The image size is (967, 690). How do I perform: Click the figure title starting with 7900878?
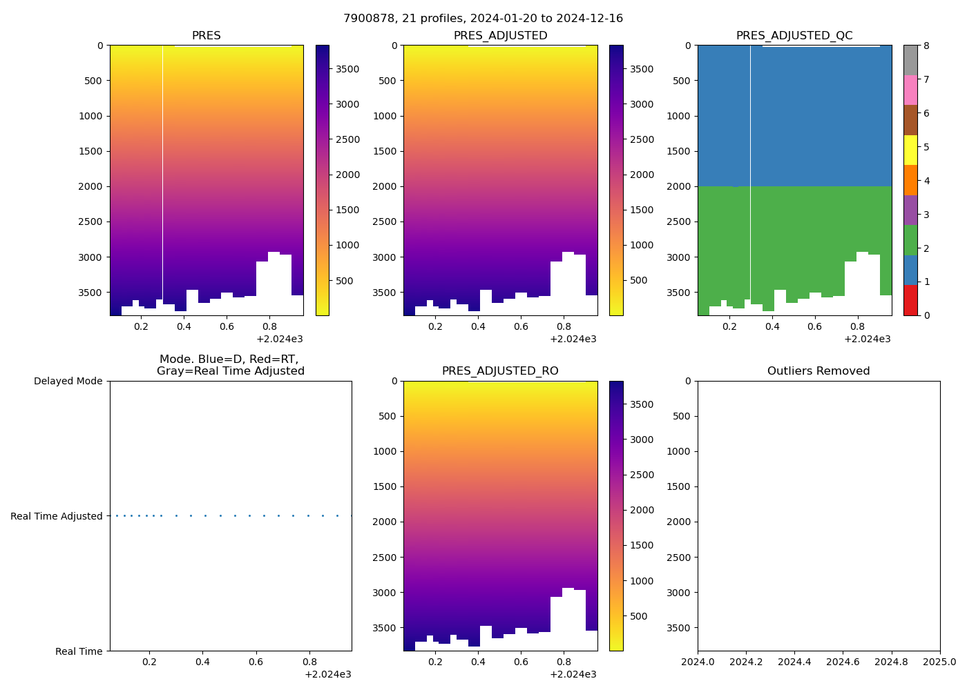coord(483,19)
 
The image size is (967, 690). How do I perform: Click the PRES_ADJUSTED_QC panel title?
coord(794,35)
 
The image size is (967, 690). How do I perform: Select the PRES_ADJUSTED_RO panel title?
coord(500,371)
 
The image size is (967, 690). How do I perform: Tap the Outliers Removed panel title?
coord(818,371)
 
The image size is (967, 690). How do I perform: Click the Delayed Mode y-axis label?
coord(68,381)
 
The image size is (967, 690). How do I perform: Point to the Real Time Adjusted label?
coord(56,516)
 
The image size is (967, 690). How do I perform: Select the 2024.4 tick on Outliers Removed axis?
coord(794,662)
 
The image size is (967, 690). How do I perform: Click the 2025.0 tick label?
coord(940,662)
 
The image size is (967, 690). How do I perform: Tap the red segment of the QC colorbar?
coord(910,300)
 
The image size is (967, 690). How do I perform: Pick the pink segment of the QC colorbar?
coord(910,90)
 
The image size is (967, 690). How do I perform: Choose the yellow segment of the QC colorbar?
coord(910,150)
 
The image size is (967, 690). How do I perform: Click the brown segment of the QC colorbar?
coord(910,120)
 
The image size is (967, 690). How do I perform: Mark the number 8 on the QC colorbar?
coord(926,46)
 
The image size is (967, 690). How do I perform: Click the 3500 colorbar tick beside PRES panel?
coord(347,69)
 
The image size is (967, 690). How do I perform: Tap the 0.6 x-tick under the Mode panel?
coord(256,662)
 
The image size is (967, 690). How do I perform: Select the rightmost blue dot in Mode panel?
coord(351,515)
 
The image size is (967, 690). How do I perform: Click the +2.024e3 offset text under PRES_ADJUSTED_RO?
coord(573,674)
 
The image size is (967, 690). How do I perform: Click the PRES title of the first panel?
coord(206,35)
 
